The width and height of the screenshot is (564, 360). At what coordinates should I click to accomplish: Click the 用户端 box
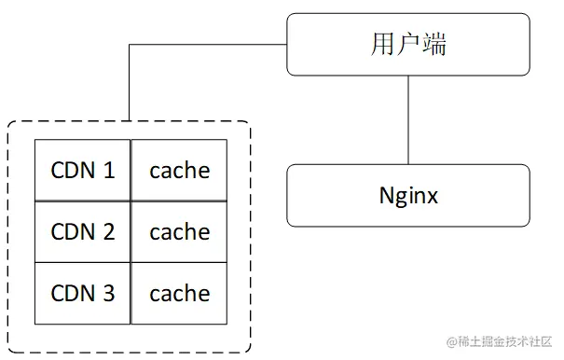(408, 44)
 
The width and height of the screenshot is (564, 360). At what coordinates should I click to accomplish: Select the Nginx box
(408, 196)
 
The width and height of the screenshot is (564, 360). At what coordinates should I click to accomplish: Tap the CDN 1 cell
(83, 170)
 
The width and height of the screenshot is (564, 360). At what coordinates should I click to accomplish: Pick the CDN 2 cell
(83, 231)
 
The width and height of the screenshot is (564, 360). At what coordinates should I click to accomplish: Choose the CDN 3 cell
(83, 293)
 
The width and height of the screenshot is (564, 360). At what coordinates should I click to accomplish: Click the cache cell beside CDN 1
(179, 170)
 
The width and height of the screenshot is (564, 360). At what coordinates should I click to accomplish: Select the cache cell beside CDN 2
(179, 231)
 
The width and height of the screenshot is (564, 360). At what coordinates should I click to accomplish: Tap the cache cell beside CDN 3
(179, 293)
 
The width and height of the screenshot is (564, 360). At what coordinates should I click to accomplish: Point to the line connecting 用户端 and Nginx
(408, 120)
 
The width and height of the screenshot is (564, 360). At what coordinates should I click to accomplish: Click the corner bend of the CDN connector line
(129, 44)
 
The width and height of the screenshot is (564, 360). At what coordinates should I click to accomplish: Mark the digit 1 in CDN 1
(109, 171)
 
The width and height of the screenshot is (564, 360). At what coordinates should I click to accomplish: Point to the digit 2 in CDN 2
(109, 231)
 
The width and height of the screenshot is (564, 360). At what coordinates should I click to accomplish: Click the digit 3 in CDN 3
(109, 293)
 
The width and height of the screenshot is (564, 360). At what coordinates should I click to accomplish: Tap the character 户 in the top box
(408, 44)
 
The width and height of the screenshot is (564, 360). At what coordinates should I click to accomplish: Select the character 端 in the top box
(434, 44)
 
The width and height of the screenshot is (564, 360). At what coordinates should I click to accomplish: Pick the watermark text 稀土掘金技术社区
(503, 343)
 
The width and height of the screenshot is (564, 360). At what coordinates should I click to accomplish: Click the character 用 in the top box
(383, 44)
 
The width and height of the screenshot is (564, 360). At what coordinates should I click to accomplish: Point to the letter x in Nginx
(432, 197)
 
